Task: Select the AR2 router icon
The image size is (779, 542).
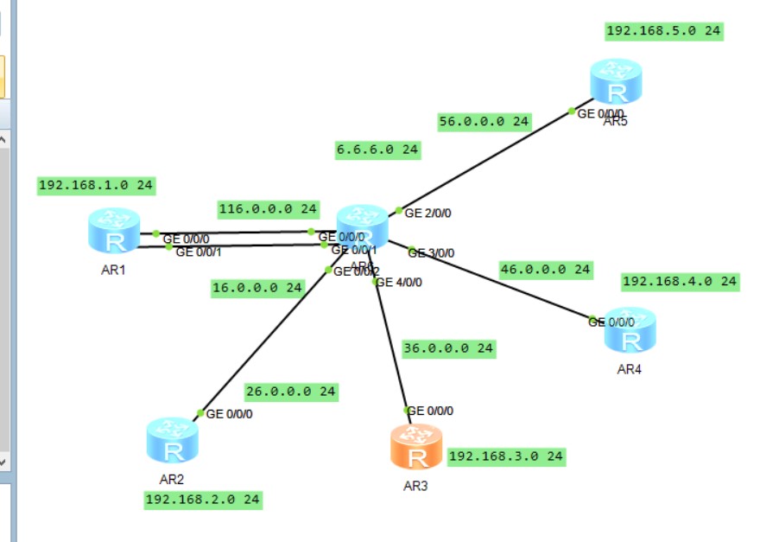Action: pos(172,440)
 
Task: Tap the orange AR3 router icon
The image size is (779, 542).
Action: pos(415,447)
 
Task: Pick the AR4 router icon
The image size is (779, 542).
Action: pos(630,331)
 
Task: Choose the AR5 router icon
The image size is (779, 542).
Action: pos(616,82)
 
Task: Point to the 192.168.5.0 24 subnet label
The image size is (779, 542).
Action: pos(664,31)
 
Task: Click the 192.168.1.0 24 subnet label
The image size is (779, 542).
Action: pos(96,185)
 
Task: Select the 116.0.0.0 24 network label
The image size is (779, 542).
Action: pos(268,209)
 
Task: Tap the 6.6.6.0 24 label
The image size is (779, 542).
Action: pos(377,150)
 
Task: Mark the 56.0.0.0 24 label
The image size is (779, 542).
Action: pos(484,121)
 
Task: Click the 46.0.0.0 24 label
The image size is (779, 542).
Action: pos(546,270)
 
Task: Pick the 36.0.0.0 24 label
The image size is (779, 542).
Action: pos(448,348)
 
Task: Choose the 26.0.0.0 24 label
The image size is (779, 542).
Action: pos(290,392)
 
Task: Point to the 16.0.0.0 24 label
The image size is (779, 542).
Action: pos(257,288)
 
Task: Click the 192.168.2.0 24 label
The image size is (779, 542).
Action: pos(203,499)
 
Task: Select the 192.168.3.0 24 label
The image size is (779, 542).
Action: pos(507,456)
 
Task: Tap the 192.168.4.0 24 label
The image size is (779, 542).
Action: pos(680,281)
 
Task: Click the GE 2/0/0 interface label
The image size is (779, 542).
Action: pos(428,213)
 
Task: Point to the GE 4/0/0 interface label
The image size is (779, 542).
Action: pos(401,282)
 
